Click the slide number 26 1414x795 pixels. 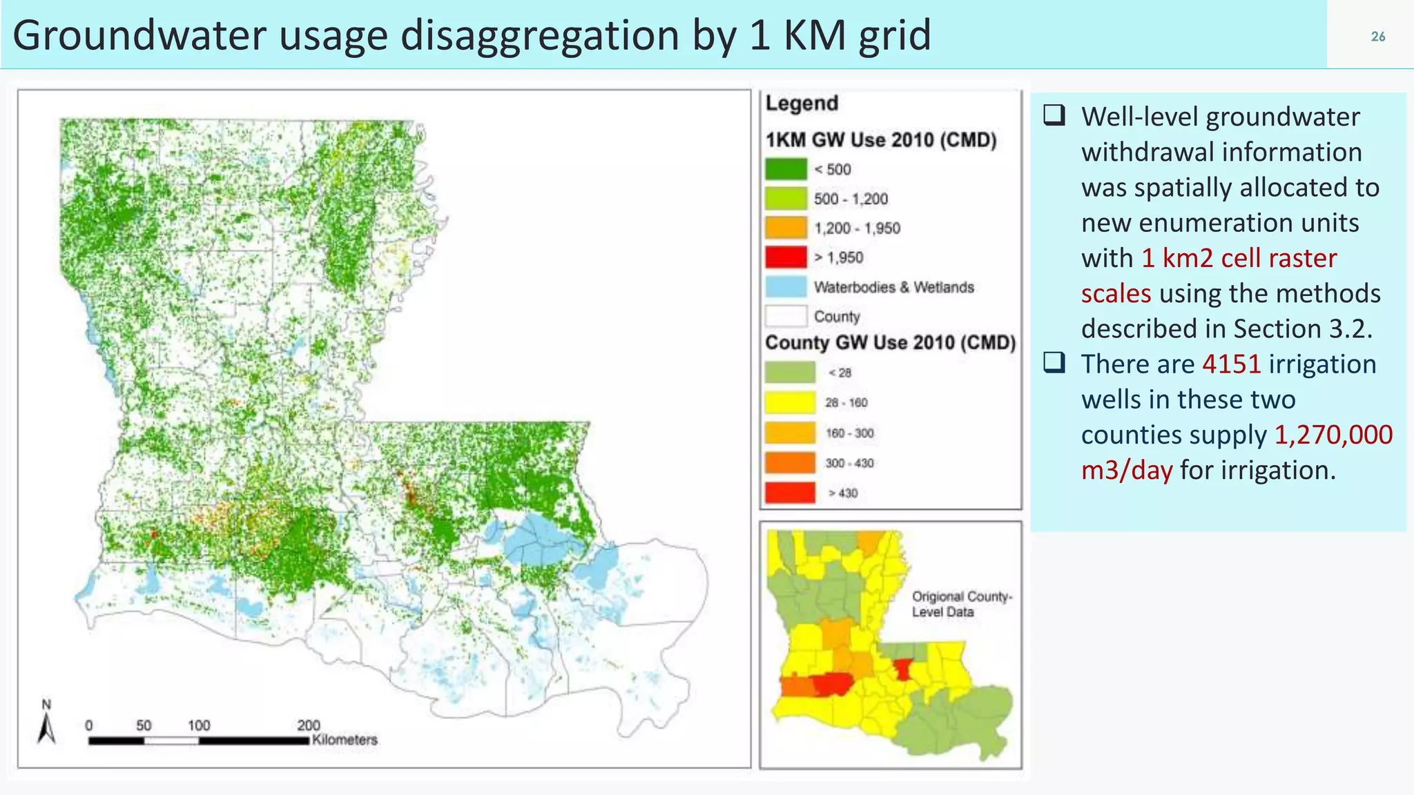pyautogui.click(x=1377, y=37)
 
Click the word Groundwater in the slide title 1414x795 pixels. pyautogui.click(x=138, y=36)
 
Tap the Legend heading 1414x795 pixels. pyautogui.click(x=802, y=104)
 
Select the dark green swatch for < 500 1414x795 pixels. pyautogui.click(x=786, y=169)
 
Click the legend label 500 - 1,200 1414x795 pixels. pyautogui.click(x=851, y=199)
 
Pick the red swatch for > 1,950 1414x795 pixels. pyautogui.click(x=786, y=257)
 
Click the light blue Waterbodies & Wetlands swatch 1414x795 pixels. pyautogui.click(x=786, y=287)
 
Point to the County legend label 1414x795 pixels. pyautogui.click(x=837, y=317)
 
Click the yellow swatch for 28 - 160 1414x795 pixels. pyautogui.click(x=790, y=402)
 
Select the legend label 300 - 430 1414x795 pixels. pyautogui.click(x=849, y=463)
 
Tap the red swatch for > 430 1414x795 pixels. pyautogui.click(x=790, y=493)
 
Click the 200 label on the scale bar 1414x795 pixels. pyautogui.click(x=309, y=725)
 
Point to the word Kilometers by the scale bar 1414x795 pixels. pyautogui.click(x=345, y=740)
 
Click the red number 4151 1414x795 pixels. pyautogui.click(x=1231, y=364)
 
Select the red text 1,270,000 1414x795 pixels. pyautogui.click(x=1333, y=435)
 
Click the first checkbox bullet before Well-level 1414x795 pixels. pyautogui.click(x=1054, y=115)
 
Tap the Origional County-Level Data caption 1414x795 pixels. pyautogui.click(x=961, y=604)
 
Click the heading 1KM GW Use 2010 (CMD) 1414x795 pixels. pyautogui.click(x=881, y=140)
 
